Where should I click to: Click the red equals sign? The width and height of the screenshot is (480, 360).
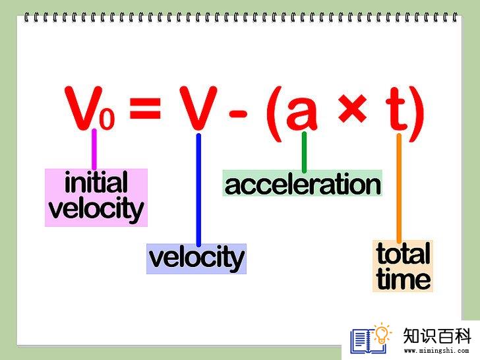click(x=145, y=108)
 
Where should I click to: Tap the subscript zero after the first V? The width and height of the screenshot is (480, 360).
click(x=107, y=118)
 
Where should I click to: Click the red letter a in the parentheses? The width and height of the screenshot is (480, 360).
click(x=302, y=112)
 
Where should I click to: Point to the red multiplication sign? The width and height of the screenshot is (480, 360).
click(x=352, y=108)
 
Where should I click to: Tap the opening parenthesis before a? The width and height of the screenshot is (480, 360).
click(x=274, y=114)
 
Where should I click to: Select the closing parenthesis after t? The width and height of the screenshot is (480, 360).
click(x=417, y=114)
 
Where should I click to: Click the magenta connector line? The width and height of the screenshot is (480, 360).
click(x=94, y=149)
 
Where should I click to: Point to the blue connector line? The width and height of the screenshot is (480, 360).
click(x=198, y=190)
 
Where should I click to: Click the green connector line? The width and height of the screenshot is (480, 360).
click(x=304, y=152)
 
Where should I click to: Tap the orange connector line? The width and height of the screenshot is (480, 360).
click(x=399, y=189)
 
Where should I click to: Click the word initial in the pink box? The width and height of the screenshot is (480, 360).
click(x=96, y=183)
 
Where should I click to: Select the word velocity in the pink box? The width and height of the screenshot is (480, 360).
click(x=96, y=209)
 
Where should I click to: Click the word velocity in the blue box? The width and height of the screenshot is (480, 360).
click(x=196, y=258)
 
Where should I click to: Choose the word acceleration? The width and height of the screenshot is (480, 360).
click(x=303, y=184)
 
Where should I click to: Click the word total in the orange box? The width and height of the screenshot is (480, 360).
click(x=404, y=253)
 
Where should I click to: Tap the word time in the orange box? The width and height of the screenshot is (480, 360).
click(x=404, y=278)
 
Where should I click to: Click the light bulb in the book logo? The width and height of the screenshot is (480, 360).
click(x=382, y=334)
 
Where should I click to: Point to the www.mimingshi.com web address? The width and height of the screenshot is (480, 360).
click(x=436, y=351)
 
